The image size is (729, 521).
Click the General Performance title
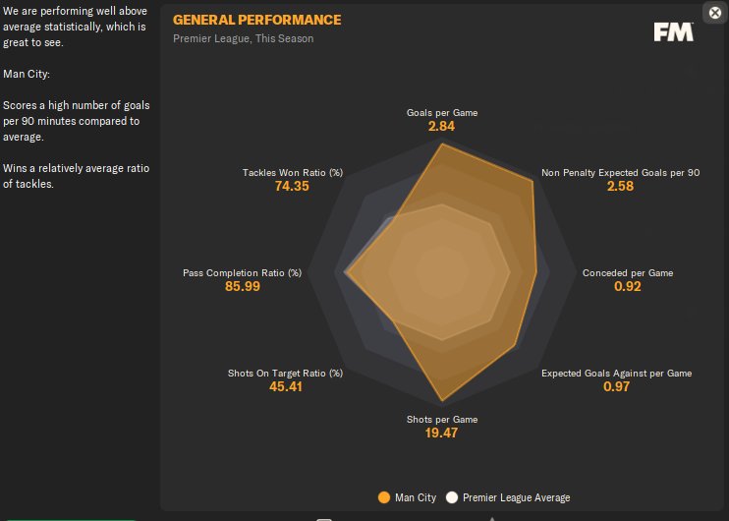pyautogui.click(x=257, y=20)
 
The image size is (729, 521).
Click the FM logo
pyautogui.click(x=674, y=31)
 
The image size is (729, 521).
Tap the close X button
pyautogui.click(x=715, y=13)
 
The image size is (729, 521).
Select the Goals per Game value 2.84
pyautogui.click(x=442, y=127)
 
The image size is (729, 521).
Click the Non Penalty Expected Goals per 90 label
pyautogui.click(x=620, y=173)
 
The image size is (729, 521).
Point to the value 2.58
pyautogui.click(x=620, y=187)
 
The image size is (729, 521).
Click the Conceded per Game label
pyautogui.click(x=628, y=272)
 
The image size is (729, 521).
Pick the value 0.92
pyautogui.click(x=628, y=287)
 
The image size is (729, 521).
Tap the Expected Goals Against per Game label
pyautogui.click(x=617, y=374)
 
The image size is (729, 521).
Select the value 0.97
pyautogui.click(x=617, y=387)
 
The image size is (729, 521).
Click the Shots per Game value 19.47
pyautogui.click(x=442, y=434)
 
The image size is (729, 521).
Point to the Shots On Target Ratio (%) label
pyautogui.click(x=285, y=374)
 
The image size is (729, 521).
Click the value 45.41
pyautogui.click(x=285, y=387)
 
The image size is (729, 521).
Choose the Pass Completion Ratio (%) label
pyautogui.click(x=242, y=272)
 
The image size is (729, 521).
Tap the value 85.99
pyautogui.click(x=242, y=287)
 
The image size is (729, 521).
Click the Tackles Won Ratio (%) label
pyautogui.click(x=293, y=173)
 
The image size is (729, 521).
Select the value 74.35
pyautogui.click(x=293, y=187)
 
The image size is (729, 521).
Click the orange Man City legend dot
pyautogui.click(x=384, y=497)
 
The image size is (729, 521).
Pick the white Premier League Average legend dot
pyautogui.click(x=452, y=497)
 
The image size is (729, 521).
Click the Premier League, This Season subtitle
pyautogui.click(x=244, y=39)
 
